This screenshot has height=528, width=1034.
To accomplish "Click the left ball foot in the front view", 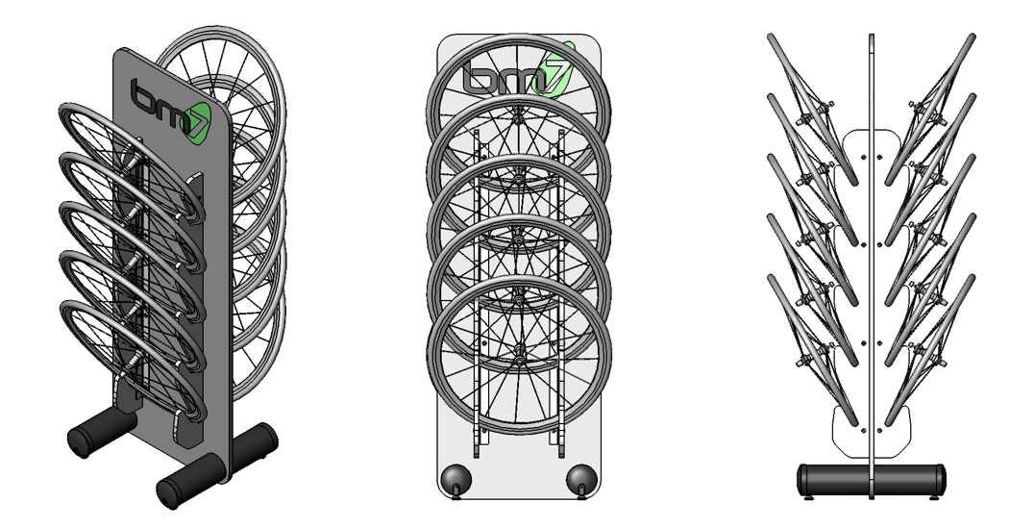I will tap(451, 478).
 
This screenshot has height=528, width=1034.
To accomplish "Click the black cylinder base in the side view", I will tap(871, 478).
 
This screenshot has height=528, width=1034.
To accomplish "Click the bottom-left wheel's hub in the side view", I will tap(800, 364).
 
